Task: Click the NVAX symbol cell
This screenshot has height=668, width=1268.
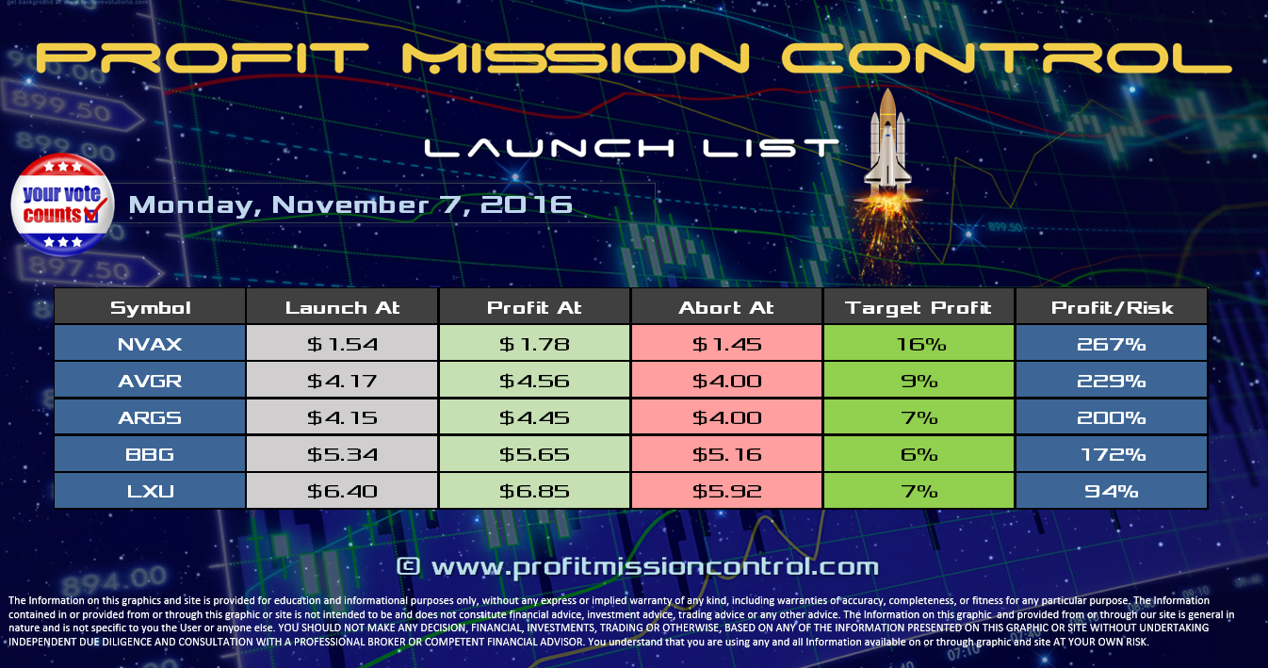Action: click(150, 345)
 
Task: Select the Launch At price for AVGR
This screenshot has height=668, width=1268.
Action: click(342, 382)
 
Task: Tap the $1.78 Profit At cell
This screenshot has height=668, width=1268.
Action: click(534, 345)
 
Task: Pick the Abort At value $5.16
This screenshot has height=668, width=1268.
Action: click(726, 455)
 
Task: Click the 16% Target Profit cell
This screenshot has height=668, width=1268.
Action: click(918, 345)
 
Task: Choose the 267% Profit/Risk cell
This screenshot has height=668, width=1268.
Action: click(1111, 345)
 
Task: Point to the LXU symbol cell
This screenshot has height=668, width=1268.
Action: click(150, 492)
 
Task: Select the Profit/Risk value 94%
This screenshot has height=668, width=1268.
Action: click(1111, 492)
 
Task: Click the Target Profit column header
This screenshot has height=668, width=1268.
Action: click(918, 308)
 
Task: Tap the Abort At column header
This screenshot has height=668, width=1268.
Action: click(726, 308)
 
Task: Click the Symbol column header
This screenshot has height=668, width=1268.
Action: click(150, 308)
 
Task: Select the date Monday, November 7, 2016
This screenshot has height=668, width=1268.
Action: click(350, 204)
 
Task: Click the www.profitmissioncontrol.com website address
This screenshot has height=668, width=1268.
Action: click(638, 567)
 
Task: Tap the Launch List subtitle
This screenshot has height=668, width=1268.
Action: click(631, 149)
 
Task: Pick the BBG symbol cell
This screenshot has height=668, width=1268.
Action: click(150, 455)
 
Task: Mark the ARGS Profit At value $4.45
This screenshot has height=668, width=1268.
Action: click(534, 418)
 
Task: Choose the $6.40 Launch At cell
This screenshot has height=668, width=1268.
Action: click(342, 492)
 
